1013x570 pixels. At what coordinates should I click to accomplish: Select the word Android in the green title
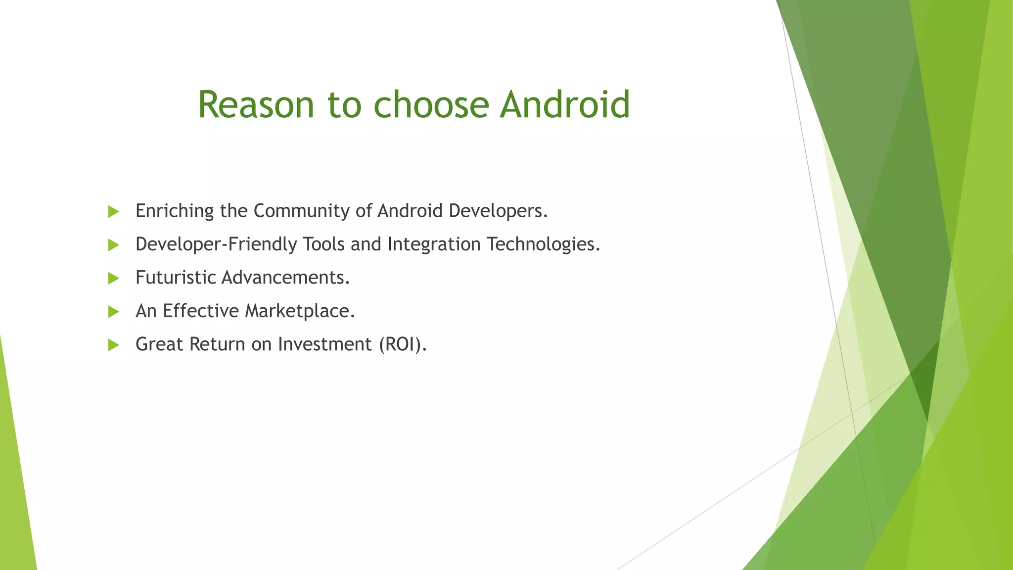[x=565, y=105]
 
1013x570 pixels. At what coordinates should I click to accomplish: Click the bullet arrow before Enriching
[x=114, y=212]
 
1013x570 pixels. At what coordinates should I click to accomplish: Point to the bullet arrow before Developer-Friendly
[x=114, y=245]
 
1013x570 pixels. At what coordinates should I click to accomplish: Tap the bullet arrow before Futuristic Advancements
[x=114, y=278]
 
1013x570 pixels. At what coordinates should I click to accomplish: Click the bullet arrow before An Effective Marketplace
[x=114, y=312]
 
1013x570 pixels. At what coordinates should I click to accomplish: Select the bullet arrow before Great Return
[x=114, y=345]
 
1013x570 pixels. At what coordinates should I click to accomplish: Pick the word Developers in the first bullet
[x=498, y=211]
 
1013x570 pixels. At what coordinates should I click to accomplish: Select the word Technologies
[x=543, y=244]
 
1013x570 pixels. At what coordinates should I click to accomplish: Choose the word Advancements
[x=285, y=278]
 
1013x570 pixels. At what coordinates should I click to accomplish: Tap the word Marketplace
[x=300, y=311]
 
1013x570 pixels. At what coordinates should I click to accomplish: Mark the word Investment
[x=324, y=344]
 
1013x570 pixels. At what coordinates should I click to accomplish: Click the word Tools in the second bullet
[x=323, y=244]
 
